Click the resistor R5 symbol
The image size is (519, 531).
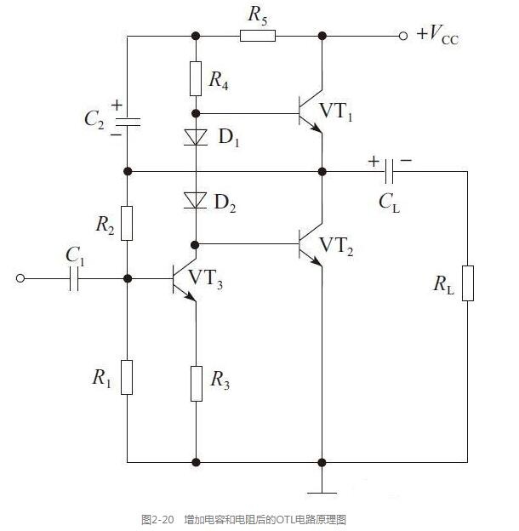pos(258,36)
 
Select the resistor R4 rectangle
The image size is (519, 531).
pos(196,78)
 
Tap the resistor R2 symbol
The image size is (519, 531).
pos(127,223)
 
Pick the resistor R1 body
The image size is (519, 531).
pos(127,377)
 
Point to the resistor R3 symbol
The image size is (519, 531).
pos(197,384)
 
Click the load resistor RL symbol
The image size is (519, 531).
pos(468,283)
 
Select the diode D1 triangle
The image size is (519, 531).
pos(196,137)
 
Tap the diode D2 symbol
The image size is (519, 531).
pos(196,201)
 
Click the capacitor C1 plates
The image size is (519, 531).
pos(74,279)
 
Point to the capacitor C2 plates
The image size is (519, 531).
pos(128,122)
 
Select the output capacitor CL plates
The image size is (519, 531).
pos(390,171)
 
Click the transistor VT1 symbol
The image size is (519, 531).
pos(311,111)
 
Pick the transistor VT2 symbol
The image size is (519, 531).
pos(311,244)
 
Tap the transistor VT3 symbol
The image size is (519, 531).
pos(185,279)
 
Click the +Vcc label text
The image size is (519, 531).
pos(438,35)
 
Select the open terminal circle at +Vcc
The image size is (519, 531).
pos(403,36)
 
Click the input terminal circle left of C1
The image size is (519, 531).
pos(20,278)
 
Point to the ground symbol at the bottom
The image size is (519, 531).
pos(322,493)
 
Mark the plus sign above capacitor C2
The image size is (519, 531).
pos(117,105)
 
